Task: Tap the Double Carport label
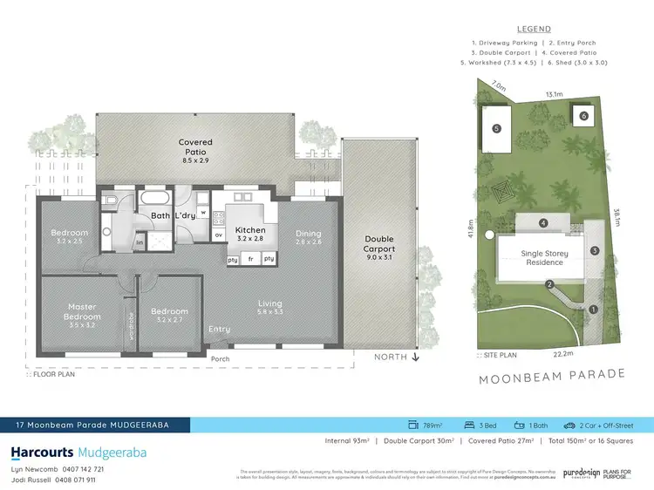point(379,243)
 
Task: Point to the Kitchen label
point(249,230)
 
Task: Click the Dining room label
point(308,234)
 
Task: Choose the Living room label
point(270,304)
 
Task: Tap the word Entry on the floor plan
point(219,329)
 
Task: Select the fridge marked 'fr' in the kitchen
point(251,259)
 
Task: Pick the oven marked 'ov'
point(218,235)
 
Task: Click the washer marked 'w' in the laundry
point(202,210)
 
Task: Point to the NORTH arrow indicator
point(398,357)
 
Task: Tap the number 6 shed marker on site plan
point(583,115)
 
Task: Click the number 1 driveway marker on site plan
point(594,309)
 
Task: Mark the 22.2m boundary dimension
point(562,354)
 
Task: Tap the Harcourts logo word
point(42,453)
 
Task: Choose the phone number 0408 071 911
point(72,479)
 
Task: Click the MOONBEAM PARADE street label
point(551,374)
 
